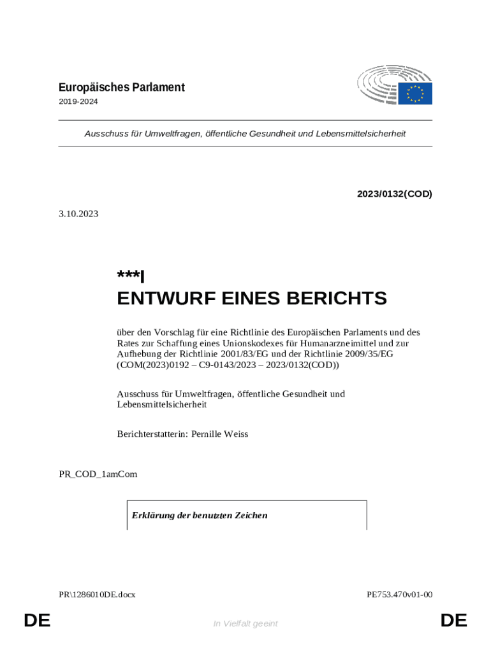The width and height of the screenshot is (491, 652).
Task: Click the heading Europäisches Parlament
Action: [121, 87]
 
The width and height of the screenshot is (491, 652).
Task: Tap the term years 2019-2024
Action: [78, 101]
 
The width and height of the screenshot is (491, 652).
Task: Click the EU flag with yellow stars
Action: [415, 94]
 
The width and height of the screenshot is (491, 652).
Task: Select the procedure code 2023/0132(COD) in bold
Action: [394, 194]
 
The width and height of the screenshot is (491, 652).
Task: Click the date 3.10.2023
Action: [78, 214]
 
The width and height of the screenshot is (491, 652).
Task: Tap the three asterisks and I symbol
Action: [131, 276]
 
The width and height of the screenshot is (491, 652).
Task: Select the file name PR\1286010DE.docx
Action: [97, 595]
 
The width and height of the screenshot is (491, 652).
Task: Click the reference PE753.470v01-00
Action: [399, 595]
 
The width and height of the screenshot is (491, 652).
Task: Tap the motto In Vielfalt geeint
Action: [246, 623]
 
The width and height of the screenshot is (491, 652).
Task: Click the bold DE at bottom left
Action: [37, 621]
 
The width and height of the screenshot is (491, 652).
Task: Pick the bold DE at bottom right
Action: [453, 621]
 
